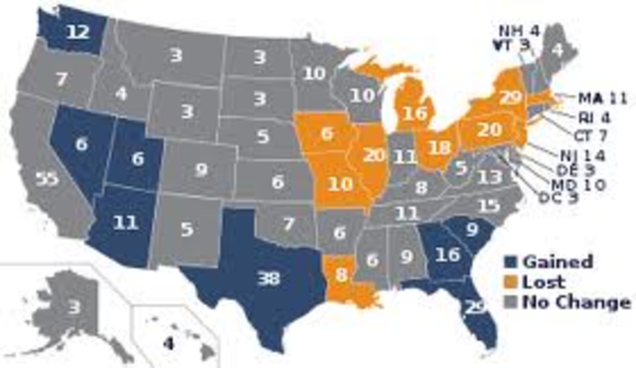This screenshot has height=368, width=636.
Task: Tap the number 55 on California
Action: tap(45, 180)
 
